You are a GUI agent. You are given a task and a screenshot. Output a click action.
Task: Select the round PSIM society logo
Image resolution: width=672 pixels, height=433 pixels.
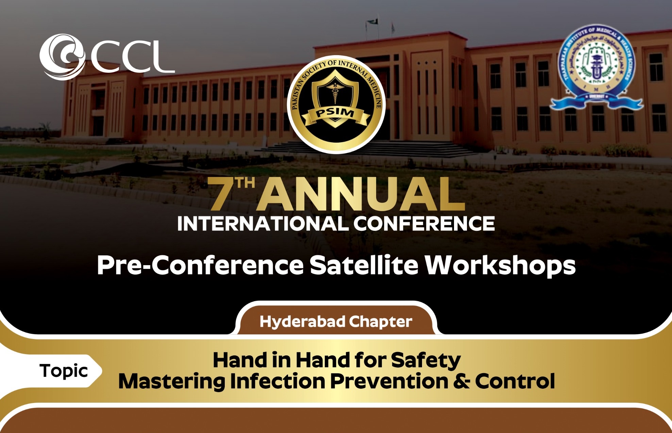336,104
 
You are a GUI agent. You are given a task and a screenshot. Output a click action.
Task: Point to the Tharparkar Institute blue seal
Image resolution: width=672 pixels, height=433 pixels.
596,68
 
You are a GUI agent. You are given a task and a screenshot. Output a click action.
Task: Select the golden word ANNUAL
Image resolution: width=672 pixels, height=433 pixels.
360,195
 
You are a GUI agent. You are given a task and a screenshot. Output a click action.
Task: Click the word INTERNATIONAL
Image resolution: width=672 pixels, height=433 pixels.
262,224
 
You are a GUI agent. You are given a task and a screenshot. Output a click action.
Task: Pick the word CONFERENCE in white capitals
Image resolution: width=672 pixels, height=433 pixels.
424,224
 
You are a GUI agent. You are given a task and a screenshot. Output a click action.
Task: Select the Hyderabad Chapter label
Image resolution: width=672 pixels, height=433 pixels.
336,322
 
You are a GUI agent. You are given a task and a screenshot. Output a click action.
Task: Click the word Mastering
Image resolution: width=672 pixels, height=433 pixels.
171,381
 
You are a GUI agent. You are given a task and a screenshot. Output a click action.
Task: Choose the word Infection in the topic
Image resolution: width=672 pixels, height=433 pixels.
277,381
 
